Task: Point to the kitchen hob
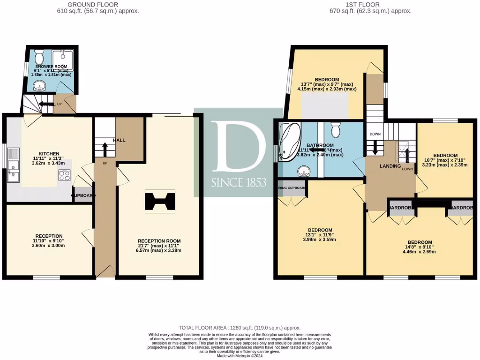64,175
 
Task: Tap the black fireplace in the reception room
159,201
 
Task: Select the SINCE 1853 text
239,182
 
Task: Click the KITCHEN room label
49,154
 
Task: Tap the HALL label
119,140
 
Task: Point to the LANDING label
390,166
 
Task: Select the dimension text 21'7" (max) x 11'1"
159,246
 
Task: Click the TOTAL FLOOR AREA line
240,328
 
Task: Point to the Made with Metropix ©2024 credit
240,355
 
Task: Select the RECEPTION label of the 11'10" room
49,236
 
